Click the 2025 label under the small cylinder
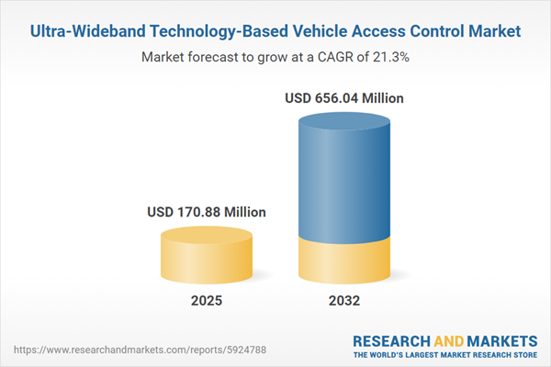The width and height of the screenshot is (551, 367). pyautogui.click(x=207, y=300)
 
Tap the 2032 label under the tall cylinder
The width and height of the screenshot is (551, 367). pyautogui.click(x=343, y=300)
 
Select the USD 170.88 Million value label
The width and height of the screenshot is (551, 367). pyautogui.click(x=207, y=212)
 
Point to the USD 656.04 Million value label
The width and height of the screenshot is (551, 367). pyautogui.click(x=344, y=97)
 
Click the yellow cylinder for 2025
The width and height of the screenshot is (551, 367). pyautogui.click(x=207, y=257)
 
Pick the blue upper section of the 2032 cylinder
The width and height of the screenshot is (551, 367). pyautogui.click(x=344, y=183)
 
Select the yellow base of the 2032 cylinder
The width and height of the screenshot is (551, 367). pyautogui.click(x=344, y=259)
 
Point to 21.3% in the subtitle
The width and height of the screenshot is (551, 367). pyautogui.click(x=387, y=57)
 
